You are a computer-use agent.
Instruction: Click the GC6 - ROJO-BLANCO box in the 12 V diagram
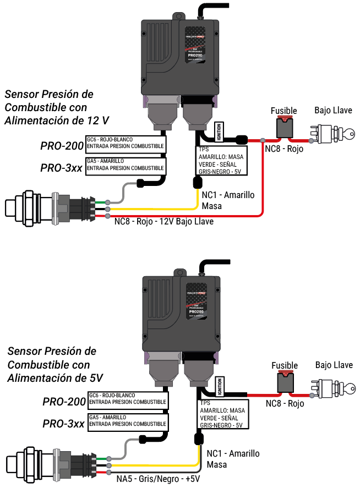point(126,143)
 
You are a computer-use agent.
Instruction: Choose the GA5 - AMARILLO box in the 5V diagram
point(127,420)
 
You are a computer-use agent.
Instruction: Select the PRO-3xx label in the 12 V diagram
point(61,167)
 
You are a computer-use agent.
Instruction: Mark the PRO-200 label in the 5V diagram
point(64,402)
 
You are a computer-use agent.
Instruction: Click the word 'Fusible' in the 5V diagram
point(285,365)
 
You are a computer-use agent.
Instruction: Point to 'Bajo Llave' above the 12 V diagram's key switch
point(334,110)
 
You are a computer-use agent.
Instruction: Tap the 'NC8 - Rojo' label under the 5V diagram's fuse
point(285,403)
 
